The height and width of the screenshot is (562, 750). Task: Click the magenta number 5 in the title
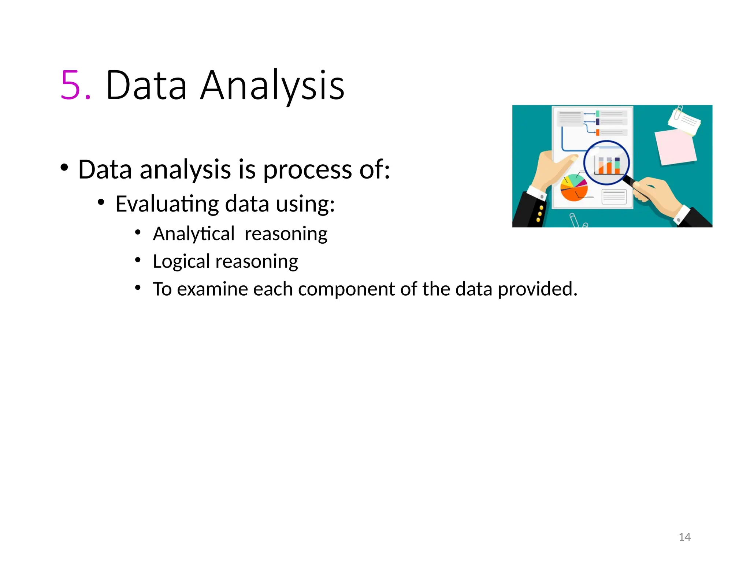pyautogui.click(x=71, y=86)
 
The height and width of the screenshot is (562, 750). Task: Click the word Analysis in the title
pyautogui.click(x=272, y=86)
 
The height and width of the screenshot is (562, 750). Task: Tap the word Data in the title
pyautogui.click(x=146, y=86)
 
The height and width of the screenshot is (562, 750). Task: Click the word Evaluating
pyautogui.click(x=167, y=204)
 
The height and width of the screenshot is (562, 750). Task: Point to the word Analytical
pyautogui.click(x=193, y=234)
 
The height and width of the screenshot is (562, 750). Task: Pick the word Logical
pyautogui.click(x=181, y=262)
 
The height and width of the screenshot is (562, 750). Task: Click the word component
pyautogui.click(x=346, y=289)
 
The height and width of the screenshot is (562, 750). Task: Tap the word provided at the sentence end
pyautogui.click(x=537, y=289)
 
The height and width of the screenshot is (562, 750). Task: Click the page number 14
pyautogui.click(x=684, y=537)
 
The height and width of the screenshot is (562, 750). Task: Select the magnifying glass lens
pyautogui.click(x=606, y=163)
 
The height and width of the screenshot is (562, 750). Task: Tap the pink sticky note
pyautogui.click(x=676, y=146)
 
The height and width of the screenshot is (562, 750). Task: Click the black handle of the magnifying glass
pyautogui.click(x=631, y=181)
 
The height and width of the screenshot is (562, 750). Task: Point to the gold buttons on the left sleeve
pyautogui.click(x=540, y=214)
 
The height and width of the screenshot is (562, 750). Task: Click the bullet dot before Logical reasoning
pyautogui.click(x=138, y=260)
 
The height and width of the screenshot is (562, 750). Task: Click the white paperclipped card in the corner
pyautogui.click(x=684, y=121)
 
